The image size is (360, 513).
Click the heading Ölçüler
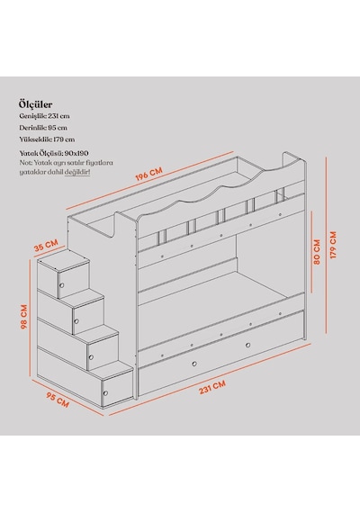[35, 104]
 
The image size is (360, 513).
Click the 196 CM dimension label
[148, 174]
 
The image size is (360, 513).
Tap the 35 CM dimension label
[46, 245]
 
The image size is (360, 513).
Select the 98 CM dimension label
[24, 317]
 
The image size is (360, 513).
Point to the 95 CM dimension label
[58, 400]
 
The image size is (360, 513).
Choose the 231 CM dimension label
[212, 387]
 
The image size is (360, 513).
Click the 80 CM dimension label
[317, 252]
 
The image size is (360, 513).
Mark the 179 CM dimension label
[333, 245]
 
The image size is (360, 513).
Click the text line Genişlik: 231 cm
[44, 116]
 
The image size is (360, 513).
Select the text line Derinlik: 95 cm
[43, 128]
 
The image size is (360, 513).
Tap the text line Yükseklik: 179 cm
[47, 139]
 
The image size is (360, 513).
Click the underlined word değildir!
[77, 172]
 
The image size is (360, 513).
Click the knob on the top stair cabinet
[62, 285]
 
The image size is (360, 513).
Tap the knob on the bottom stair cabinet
[105, 393]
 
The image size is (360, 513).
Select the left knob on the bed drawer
[194, 364]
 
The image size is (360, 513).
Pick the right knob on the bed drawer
[247, 346]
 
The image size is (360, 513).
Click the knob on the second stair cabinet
[76, 321]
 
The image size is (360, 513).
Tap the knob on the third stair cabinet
[91, 357]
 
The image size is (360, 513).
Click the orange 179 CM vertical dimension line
[327, 245]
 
